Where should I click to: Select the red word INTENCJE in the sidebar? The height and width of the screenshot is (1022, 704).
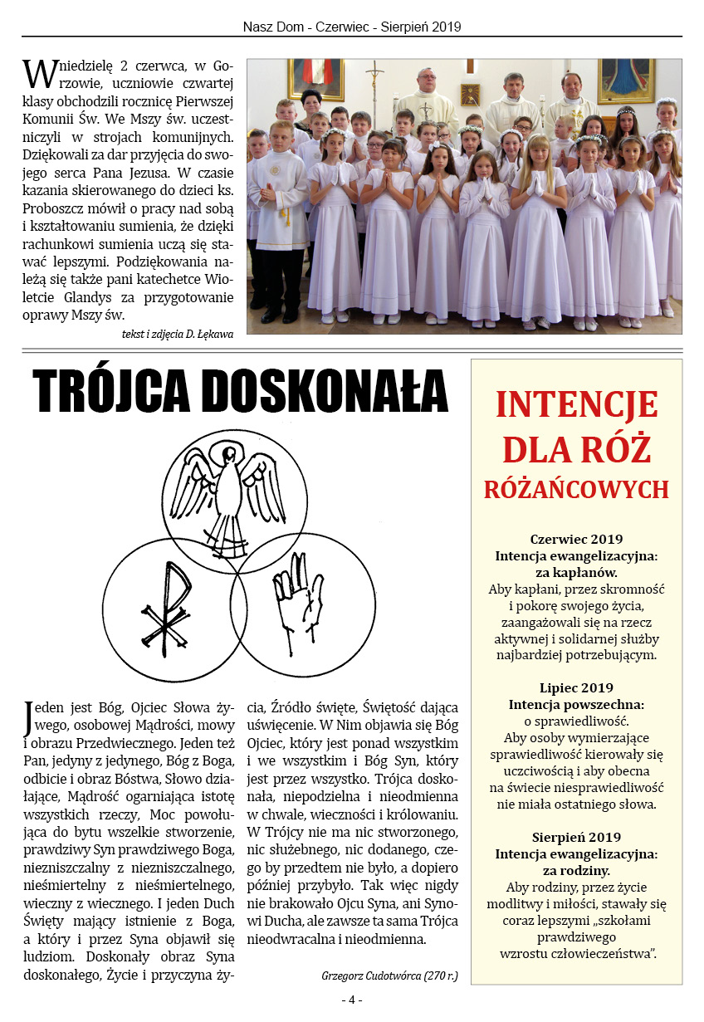click(x=576, y=405)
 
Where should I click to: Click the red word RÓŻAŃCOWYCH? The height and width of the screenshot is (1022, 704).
click(x=576, y=489)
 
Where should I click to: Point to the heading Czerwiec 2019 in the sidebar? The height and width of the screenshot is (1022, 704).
click(x=576, y=539)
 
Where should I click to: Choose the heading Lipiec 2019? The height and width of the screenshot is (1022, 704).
click(x=576, y=687)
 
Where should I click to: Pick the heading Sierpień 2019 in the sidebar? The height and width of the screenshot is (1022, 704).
click(x=576, y=837)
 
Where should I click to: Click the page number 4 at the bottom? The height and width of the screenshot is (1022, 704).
click(x=351, y=1000)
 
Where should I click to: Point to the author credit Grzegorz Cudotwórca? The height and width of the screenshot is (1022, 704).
click(x=389, y=976)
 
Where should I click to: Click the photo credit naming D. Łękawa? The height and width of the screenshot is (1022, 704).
click(x=177, y=334)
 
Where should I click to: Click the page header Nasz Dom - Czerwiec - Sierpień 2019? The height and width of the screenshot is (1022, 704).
click(x=352, y=27)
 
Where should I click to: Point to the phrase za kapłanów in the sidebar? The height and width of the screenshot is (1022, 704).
click(x=576, y=572)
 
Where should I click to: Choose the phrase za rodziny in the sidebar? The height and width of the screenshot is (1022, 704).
click(x=576, y=870)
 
